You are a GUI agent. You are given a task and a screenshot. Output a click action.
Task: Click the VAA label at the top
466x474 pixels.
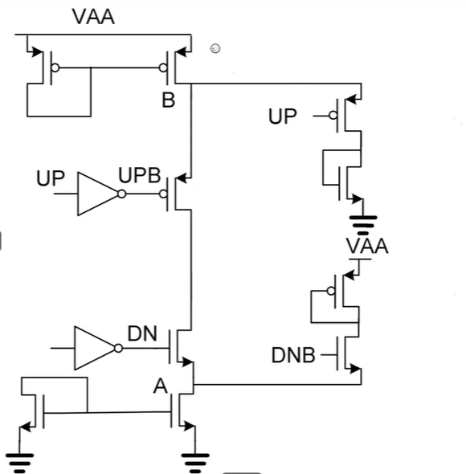click(93, 16)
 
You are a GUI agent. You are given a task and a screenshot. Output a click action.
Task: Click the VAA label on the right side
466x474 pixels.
click(367, 247)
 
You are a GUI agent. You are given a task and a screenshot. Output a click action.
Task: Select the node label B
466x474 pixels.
click(167, 101)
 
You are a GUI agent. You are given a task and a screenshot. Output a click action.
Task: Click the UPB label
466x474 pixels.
click(141, 176)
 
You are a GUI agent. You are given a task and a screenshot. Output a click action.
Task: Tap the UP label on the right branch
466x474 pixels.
click(282, 116)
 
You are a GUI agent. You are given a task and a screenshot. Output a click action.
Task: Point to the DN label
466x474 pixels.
click(143, 333)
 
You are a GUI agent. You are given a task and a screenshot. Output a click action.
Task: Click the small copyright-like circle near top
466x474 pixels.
click(215, 49)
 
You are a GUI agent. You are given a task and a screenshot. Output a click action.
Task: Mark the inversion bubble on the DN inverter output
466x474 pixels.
click(120, 348)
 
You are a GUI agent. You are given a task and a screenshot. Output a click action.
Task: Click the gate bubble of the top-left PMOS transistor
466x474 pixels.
click(55, 68)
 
